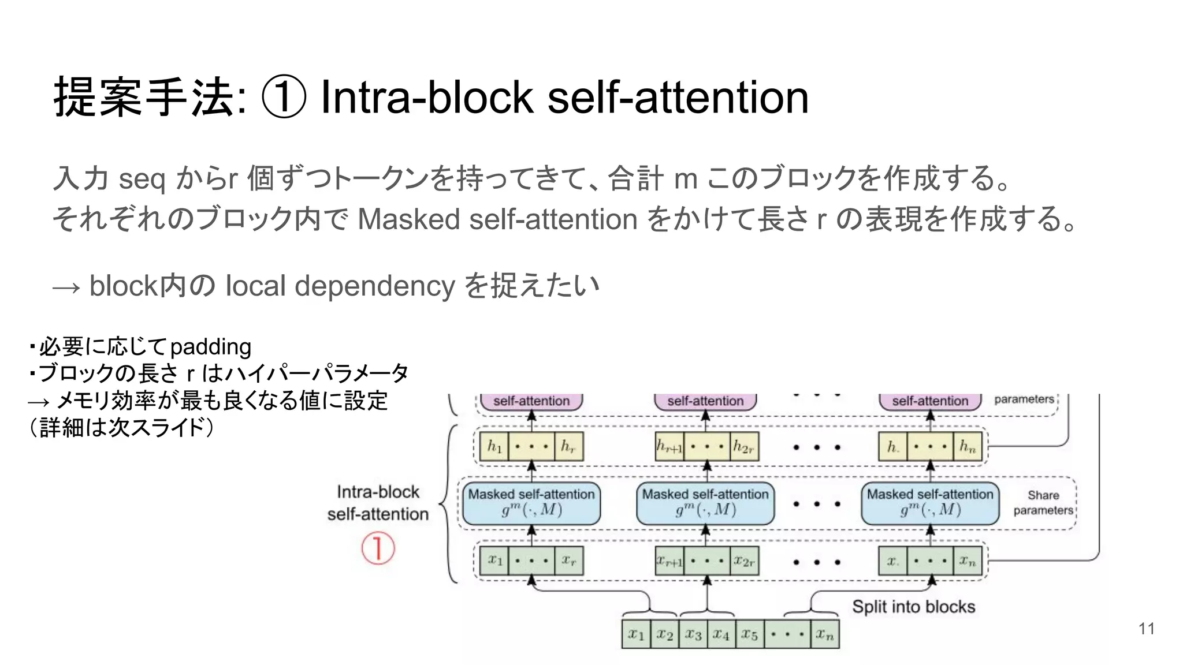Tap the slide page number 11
(1147, 629)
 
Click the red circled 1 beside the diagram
(378, 548)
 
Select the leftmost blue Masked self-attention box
(531, 503)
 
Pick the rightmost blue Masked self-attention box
(929, 503)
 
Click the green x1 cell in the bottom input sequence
(636, 634)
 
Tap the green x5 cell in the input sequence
(750, 634)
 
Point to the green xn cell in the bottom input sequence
(825, 634)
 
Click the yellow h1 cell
(494, 446)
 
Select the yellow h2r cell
(743, 446)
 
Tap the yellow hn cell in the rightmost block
(968, 446)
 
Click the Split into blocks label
(913, 607)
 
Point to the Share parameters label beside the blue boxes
(1043, 503)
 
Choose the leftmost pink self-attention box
(531, 401)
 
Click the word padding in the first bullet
(210, 347)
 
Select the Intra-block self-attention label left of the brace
(378, 503)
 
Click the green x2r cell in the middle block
(743, 561)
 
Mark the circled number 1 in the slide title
(283, 97)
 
